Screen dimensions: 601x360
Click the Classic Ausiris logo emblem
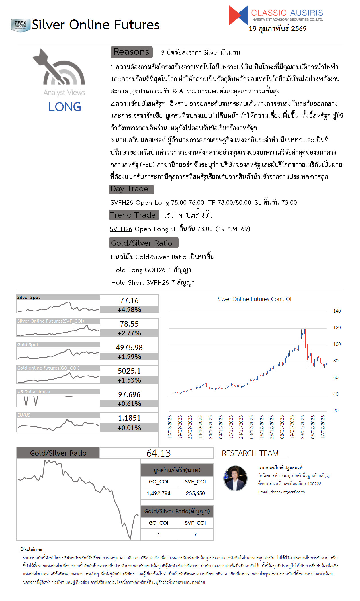pyautogui.click(x=238, y=15)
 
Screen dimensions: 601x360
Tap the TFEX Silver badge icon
pyautogui.click(x=20, y=25)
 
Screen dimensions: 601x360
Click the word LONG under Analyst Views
pyautogui.click(x=64, y=107)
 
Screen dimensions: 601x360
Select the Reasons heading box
pyautogui.click(x=132, y=52)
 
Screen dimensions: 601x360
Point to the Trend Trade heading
pyautogui.click(x=134, y=215)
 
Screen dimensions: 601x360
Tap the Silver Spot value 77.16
pyautogui.click(x=129, y=300)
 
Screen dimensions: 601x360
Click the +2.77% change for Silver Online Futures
pyautogui.click(x=129, y=333)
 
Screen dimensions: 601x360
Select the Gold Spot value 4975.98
pyautogui.click(x=129, y=348)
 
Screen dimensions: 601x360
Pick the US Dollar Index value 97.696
pyautogui.click(x=129, y=395)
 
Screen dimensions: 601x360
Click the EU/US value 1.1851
pyautogui.click(x=129, y=418)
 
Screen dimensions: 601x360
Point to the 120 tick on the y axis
pyautogui.click(x=337, y=327)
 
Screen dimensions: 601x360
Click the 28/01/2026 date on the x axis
pyautogui.click(x=302, y=427)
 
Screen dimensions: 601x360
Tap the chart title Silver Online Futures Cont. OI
pyautogui.click(x=254, y=299)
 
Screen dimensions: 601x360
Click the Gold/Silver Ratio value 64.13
pyautogui.click(x=159, y=453)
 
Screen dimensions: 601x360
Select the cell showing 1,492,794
pyautogui.click(x=159, y=493)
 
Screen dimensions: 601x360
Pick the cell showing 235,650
pyautogui.click(x=195, y=493)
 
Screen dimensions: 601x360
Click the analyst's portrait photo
pyautogui.click(x=235, y=478)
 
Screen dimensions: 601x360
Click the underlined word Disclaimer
pyautogui.click(x=32, y=549)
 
